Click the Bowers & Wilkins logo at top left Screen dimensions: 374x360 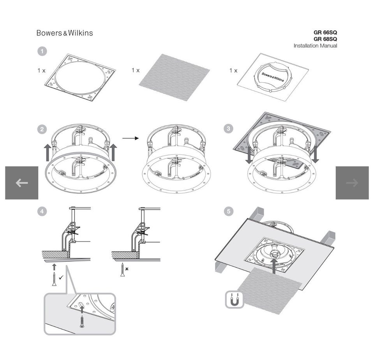[65, 33]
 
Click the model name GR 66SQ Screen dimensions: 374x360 [325, 32]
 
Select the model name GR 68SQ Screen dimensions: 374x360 [325, 39]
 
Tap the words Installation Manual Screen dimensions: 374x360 [315, 46]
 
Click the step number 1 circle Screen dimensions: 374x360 [42, 51]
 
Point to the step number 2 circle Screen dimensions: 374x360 [42, 129]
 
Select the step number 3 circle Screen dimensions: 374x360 [229, 129]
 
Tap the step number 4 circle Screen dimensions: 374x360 [42, 211]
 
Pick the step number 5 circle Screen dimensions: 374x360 [229, 211]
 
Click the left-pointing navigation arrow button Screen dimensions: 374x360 [22, 183]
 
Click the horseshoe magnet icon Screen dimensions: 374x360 [235, 300]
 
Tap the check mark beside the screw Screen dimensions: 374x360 [61, 277]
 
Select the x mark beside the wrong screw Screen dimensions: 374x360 [127, 269]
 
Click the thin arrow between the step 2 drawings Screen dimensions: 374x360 [131, 138]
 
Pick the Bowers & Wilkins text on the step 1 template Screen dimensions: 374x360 [273, 77]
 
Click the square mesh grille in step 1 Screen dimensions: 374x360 [175, 77]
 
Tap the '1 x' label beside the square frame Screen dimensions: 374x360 [41, 71]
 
